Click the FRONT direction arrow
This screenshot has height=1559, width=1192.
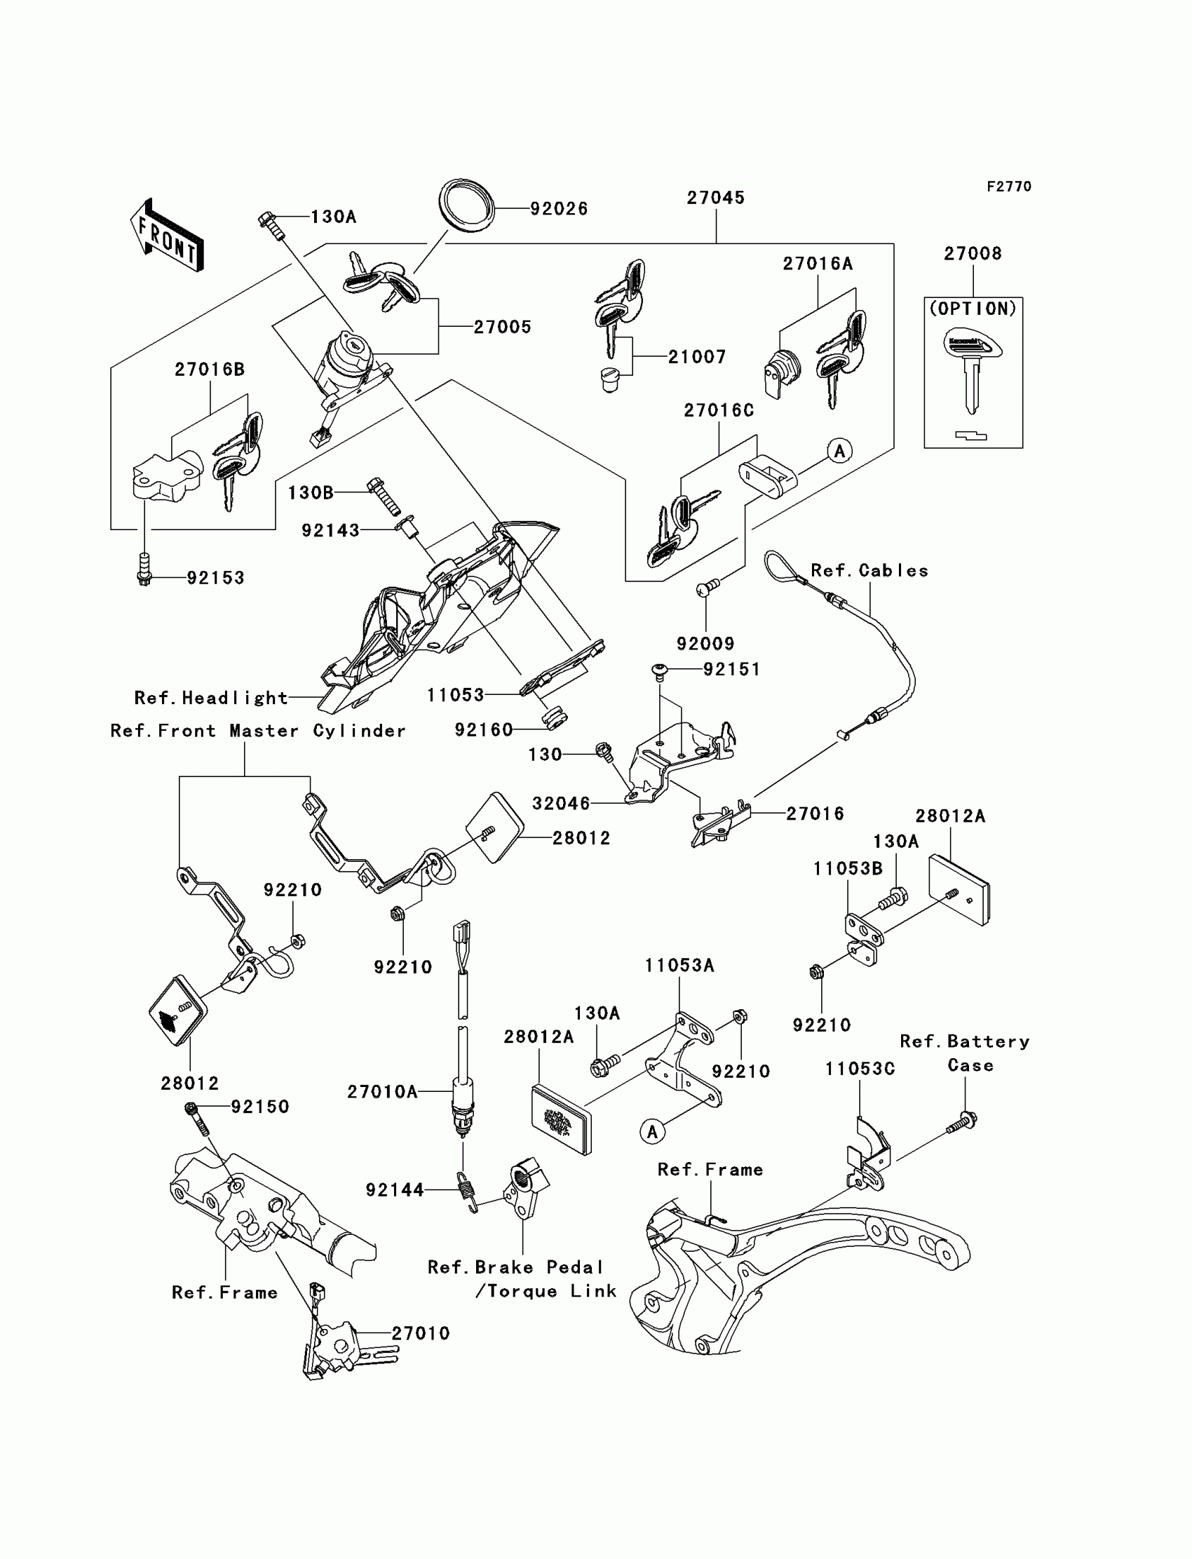[x=168, y=236]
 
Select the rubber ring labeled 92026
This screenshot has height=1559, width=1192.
[x=466, y=205]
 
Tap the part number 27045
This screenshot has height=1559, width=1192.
[x=715, y=198]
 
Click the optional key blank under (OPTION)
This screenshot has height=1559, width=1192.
[x=973, y=370]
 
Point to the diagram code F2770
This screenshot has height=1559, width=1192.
[x=1009, y=187]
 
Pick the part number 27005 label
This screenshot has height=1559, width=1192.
[x=502, y=327]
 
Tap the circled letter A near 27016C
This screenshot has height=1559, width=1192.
[x=840, y=451]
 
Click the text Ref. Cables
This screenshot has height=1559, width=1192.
[x=869, y=571]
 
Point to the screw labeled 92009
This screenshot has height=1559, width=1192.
[x=707, y=587]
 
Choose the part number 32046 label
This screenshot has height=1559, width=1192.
[x=561, y=803]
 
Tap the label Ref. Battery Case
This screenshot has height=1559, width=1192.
[x=964, y=1053]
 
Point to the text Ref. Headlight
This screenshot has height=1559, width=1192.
[x=212, y=698]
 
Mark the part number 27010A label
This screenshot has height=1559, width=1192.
[x=381, y=1091]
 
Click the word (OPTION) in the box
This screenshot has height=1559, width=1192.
[x=973, y=309]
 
